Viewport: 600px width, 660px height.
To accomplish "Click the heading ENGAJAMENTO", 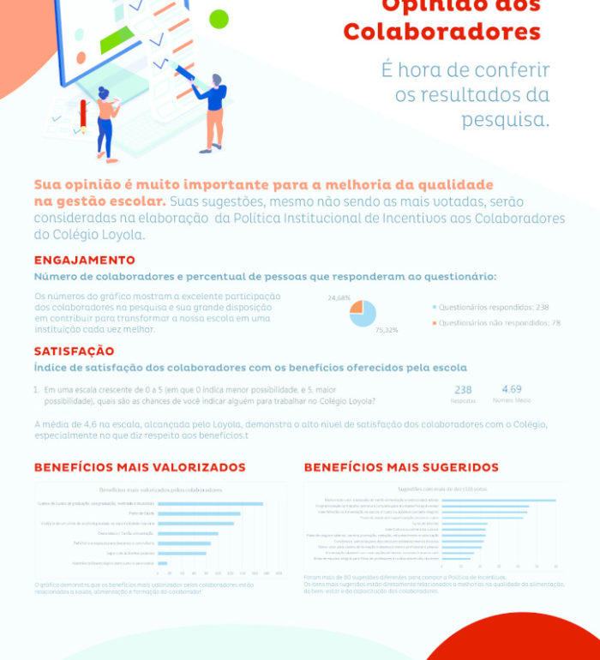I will tap(84, 261).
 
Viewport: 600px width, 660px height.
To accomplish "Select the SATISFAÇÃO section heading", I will tap(74, 351).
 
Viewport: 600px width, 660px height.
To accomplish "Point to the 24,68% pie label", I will tap(339, 297).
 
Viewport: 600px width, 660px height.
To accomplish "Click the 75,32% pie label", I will tap(387, 329).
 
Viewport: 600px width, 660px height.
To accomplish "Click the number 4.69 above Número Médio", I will tap(511, 389).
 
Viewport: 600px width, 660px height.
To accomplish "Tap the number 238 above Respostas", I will tap(463, 390).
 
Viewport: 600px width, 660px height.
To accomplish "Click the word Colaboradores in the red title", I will tap(441, 33).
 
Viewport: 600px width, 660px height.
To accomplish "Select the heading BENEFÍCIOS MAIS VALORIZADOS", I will tap(140, 468).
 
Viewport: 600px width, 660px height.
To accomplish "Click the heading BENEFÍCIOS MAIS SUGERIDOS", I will tap(401, 468).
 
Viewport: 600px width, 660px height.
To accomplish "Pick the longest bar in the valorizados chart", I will tap(211, 504).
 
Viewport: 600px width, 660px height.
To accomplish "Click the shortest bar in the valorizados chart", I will tap(163, 563).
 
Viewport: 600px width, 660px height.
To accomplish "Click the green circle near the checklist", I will tap(219, 19).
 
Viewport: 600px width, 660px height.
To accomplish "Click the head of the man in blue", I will tap(216, 81).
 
